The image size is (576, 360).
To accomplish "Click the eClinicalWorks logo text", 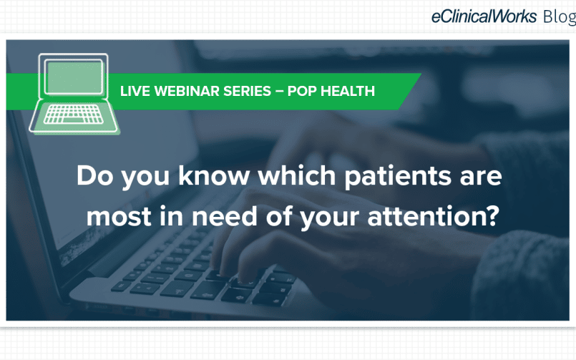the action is click(484, 16).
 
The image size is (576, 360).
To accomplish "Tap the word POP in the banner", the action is click(302, 91).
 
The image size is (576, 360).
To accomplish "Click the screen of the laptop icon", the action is click(74, 77).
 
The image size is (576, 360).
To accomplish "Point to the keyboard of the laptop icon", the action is click(74, 115).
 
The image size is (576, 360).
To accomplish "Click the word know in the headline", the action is click(214, 175).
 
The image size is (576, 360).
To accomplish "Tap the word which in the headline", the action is click(297, 175).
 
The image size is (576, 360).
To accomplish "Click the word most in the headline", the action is click(119, 217).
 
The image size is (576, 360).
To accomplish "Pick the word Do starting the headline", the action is click(94, 175).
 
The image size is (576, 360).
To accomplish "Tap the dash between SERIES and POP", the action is click(279, 91).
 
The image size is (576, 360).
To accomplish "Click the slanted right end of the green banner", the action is click(410, 92).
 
